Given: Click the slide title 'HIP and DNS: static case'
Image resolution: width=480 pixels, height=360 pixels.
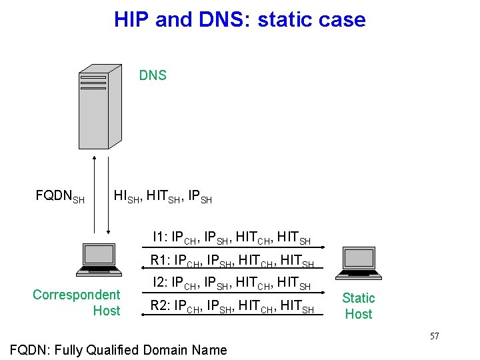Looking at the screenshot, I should [239, 19].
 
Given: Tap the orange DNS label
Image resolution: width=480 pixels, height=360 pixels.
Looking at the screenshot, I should [153, 75].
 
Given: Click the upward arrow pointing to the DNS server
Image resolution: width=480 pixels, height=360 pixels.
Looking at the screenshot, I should [94, 193].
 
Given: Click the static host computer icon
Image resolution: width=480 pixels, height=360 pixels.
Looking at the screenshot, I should [360, 263].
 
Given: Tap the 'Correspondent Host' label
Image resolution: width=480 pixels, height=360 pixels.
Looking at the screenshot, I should [77, 303].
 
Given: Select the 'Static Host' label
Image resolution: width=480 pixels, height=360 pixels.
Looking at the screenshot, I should [359, 306].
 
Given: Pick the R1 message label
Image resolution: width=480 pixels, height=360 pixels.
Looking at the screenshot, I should [232, 261].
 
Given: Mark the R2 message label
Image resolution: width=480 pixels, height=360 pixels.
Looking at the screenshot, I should [232, 307].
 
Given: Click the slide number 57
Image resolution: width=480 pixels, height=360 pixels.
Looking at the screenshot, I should [434, 336].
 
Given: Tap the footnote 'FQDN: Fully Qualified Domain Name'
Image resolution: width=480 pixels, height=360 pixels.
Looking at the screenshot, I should [117, 349].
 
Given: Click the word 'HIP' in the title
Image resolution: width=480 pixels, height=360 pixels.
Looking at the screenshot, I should [131, 19].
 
